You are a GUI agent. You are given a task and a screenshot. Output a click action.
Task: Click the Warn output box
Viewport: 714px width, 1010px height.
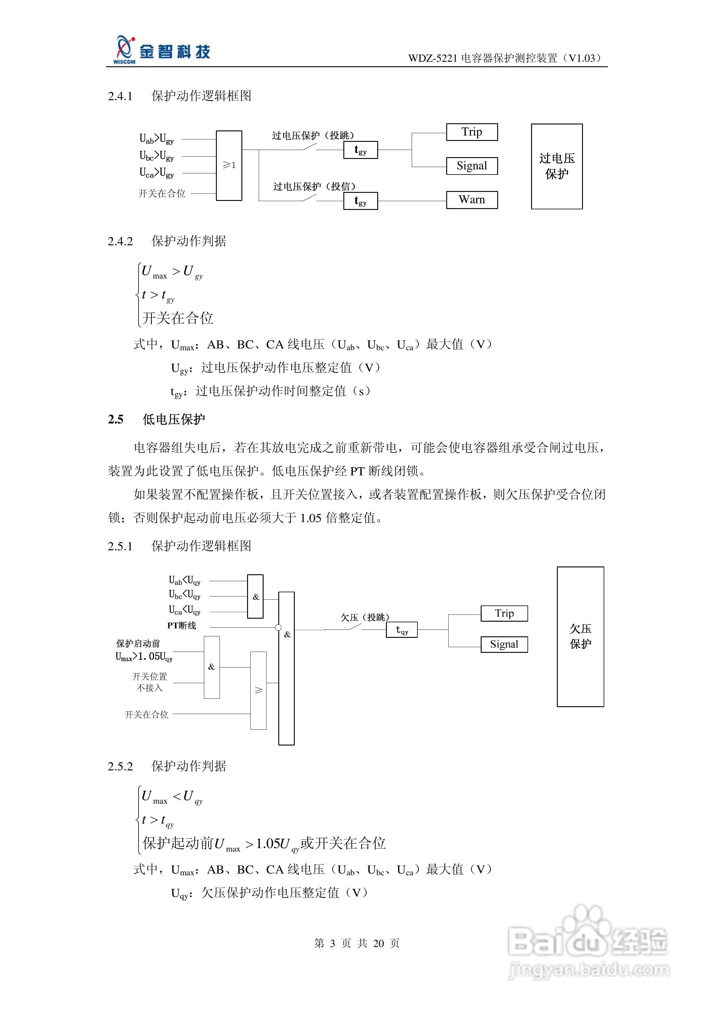472,200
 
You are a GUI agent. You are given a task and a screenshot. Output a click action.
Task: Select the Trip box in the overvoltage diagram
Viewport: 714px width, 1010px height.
472,132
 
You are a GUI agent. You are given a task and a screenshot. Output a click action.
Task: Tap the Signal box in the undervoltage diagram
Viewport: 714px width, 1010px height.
504,644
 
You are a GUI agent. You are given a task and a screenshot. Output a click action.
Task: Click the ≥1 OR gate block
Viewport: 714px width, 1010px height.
229,166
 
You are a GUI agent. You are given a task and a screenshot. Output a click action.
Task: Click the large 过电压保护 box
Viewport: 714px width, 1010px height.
557,166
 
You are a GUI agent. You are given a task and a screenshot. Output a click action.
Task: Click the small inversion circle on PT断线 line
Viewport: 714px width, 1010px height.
278,628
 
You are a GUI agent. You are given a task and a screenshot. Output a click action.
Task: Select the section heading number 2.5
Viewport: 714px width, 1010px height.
116,419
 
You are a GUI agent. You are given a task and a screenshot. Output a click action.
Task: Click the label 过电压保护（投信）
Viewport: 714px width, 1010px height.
314,187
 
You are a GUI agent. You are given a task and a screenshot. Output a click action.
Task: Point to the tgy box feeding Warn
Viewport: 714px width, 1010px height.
360,201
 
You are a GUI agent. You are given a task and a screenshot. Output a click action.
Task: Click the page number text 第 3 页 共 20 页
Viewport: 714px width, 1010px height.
357,943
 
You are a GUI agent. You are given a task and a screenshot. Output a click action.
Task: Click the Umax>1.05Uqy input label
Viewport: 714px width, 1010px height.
144,657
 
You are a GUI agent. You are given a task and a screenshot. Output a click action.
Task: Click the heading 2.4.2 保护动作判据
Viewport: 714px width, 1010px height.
167,241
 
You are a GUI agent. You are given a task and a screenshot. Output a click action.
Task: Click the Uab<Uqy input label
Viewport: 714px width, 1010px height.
184,581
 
